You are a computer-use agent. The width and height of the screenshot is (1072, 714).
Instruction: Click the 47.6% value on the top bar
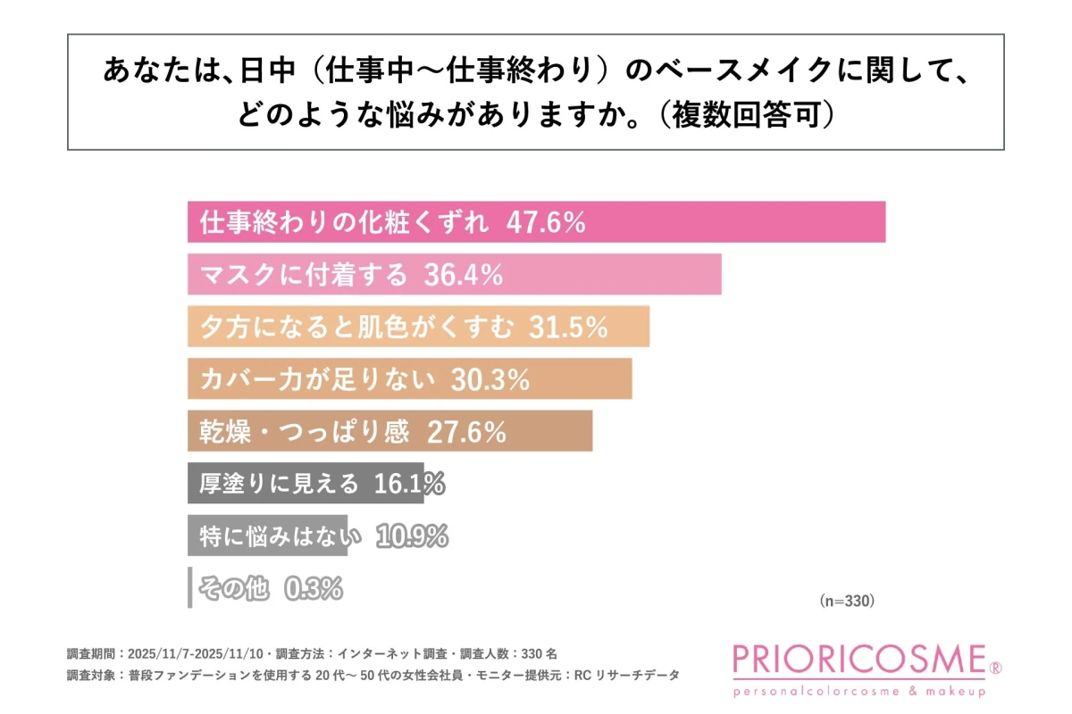[x=546, y=223]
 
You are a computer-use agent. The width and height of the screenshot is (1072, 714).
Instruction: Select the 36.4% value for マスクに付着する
[x=456, y=275]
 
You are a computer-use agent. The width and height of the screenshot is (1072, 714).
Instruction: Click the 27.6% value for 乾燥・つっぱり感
[x=466, y=432]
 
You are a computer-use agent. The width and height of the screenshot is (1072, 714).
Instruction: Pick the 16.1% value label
[x=406, y=484]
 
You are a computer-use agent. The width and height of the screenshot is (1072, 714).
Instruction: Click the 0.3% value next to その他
[x=314, y=588]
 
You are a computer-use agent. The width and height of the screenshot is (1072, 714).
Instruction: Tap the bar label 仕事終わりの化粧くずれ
[x=344, y=223]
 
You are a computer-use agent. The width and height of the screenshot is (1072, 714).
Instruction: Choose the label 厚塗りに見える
[x=279, y=484]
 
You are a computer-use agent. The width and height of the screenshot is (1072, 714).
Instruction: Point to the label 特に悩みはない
[x=281, y=536]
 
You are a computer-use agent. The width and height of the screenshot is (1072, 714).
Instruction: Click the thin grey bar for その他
[x=189, y=588]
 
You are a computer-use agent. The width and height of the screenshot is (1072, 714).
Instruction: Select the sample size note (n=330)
[x=846, y=601]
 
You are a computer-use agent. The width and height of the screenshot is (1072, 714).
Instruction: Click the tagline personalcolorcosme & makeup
[x=858, y=691]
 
